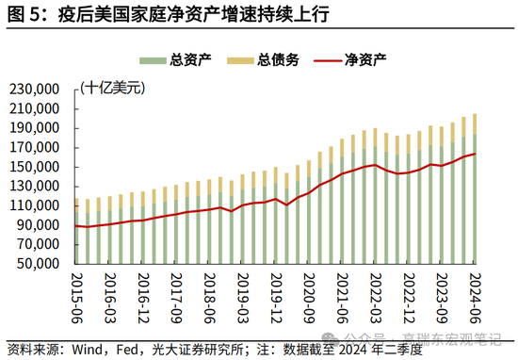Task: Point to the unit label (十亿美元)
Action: pyautogui.click(x=112, y=88)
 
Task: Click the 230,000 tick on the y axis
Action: pyautogui.click(x=34, y=89)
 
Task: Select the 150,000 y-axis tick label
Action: pyautogui.click(x=34, y=166)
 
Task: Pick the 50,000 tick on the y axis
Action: pyautogui.click(x=38, y=263)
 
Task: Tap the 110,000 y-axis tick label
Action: pyautogui.click(x=34, y=205)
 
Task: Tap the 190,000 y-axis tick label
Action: pyautogui.click(x=34, y=127)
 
